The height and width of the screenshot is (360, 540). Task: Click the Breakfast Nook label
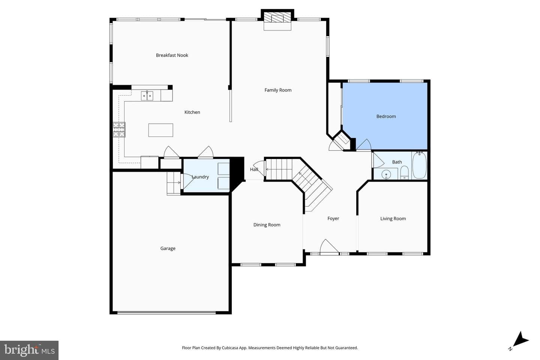click(x=172, y=55)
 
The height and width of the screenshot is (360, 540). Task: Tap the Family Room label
click(x=278, y=90)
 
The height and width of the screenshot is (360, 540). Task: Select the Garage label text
click(x=168, y=248)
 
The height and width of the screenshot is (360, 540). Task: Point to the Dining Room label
click(x=267, y=225)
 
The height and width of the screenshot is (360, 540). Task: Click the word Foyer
click(x=333, y=219)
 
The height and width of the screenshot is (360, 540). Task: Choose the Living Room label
click(x=393, y=219)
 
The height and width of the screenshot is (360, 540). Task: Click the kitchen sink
click(x=147, y=96)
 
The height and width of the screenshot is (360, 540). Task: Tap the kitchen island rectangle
click(x=160, y=130)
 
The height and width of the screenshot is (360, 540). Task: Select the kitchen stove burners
click(x=119, y=130)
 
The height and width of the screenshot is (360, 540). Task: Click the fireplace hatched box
click(x=277, y=17)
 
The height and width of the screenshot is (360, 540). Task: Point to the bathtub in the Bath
click(x=420, y=165)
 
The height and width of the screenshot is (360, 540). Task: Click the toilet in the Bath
click(x=404, y=172)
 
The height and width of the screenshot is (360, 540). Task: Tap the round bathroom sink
click(x=386, y=174)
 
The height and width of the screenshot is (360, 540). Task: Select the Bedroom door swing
click(x=364, y=145)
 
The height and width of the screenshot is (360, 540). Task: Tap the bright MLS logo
click(x=29, y=350)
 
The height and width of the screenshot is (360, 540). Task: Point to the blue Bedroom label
click(x=386, y=117)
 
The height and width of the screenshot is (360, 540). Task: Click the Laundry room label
click(x=200, y=177)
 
